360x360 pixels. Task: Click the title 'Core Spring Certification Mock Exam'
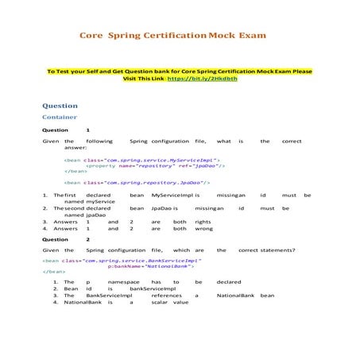172,36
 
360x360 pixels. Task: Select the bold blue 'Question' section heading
60,106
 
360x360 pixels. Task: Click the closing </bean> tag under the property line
76,171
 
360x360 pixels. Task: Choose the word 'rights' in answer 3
203,222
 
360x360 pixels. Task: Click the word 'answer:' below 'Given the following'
75,147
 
